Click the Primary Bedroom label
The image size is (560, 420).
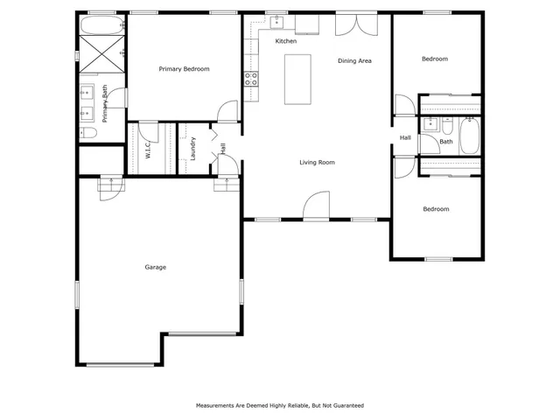point(184,69)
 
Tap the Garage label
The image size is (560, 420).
point(156,267)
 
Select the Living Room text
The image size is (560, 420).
point(317,162)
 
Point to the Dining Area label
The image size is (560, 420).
point(355,61)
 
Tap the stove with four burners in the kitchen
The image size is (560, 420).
point(250,76)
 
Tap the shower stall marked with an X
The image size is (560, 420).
point(101,54)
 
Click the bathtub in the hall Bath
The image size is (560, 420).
point(469,136)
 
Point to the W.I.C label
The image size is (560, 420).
point(148,150)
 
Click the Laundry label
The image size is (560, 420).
point(192,150)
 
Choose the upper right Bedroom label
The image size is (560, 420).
point(435,59)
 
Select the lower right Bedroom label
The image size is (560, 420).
point(436,209)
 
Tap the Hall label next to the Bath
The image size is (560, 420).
point(405,138)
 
